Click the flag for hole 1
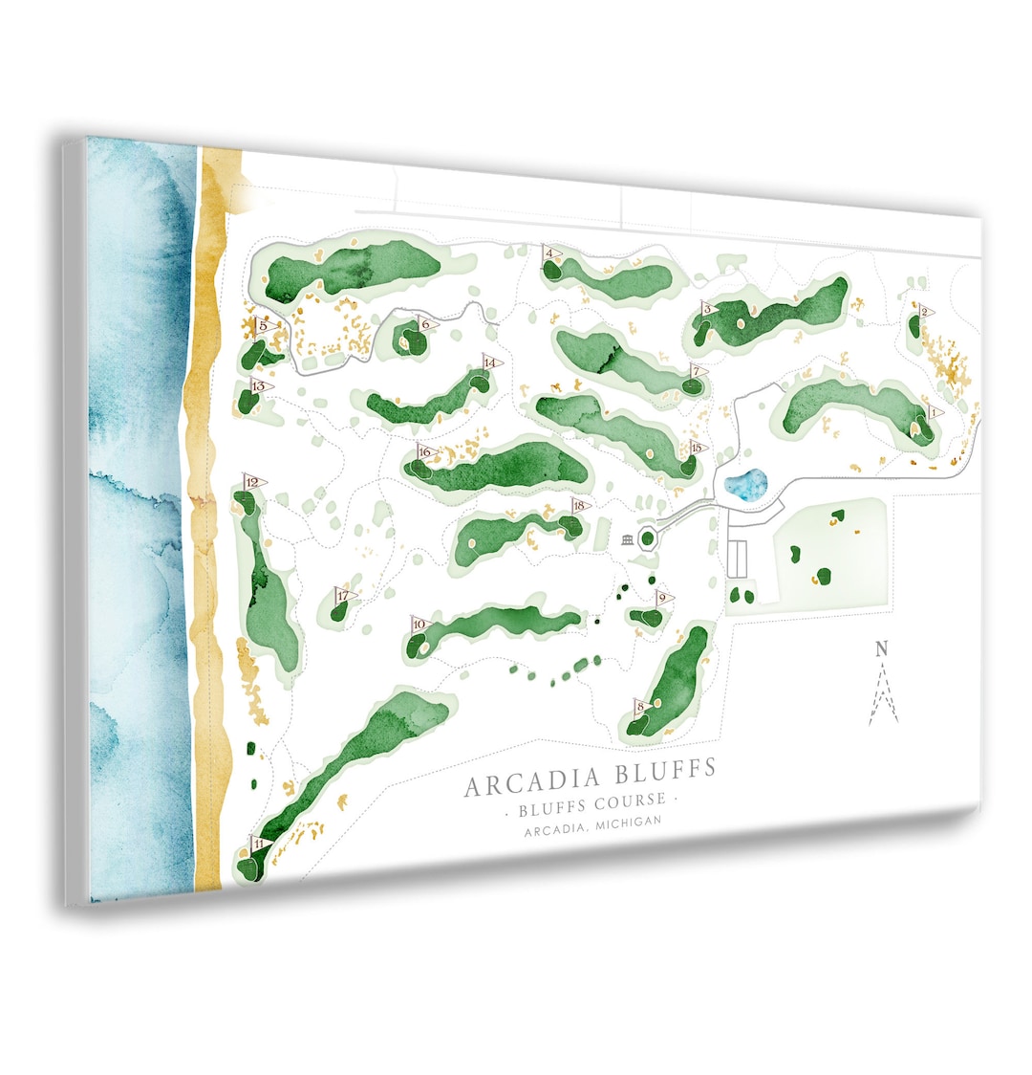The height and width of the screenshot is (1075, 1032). [934, 412]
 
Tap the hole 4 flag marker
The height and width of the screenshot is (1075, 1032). [550, 253]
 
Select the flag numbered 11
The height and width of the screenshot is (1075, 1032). [259, 844]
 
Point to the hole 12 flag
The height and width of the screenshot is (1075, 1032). [254, 484]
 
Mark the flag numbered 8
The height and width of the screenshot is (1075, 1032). [641, 707]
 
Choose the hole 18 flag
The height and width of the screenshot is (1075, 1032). [580, 505]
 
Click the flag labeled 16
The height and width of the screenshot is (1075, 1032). [426, 452]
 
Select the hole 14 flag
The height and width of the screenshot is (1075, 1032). [491, 362]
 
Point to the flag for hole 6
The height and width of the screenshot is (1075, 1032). [427, 324]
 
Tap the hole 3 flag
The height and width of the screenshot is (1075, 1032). [708, 309]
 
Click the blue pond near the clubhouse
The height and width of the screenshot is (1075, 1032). [745, 484]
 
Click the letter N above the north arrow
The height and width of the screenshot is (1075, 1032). [881, 649]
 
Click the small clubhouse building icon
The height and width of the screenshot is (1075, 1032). [628, 540]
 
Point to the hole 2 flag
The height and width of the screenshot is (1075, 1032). [925, 312]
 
